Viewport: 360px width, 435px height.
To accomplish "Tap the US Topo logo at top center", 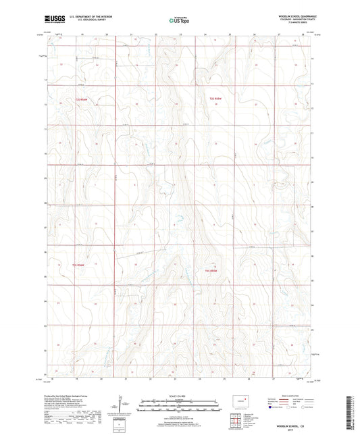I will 179,21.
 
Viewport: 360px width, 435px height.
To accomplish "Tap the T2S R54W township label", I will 81,100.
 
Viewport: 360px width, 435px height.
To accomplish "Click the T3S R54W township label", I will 80,264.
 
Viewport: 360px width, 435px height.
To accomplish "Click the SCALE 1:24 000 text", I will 180,394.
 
